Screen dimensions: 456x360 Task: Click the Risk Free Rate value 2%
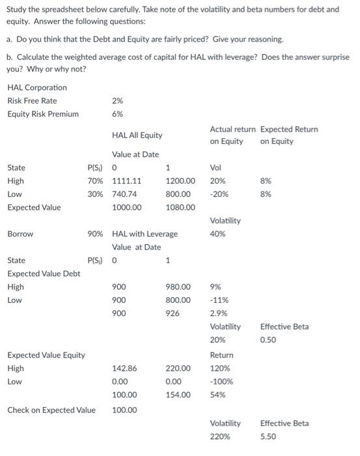coord(117,101)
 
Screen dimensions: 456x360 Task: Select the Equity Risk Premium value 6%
coord(117,114)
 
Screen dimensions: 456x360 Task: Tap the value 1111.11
coord(127,181)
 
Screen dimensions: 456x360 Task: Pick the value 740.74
coord(124,194)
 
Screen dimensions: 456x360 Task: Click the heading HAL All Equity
coord(137,135)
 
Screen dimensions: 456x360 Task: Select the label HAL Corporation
coord(37,87)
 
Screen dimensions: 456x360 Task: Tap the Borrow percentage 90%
coord(96,233)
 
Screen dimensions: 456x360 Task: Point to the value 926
coord(173,313)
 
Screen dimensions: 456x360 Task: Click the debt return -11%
coord(219,300)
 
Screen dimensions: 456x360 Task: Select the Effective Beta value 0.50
coord(268,340)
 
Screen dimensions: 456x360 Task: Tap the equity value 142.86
coord(124,368)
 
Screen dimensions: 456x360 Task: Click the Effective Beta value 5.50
coord(268,436)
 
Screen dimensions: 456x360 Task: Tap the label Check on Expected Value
coord(51,410)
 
